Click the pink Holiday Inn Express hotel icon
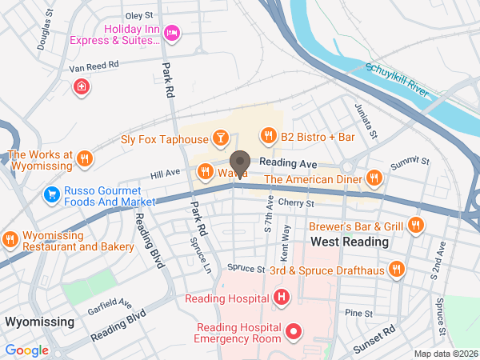tap(170, 32)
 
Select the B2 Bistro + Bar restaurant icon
tap(268, 137)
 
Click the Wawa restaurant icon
tap(206, 171)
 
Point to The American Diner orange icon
tap(372, 178)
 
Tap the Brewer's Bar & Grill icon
tap(414, 226)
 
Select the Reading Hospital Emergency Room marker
tap(294, 330)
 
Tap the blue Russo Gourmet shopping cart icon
tap(52, 194)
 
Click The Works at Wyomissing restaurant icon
tap(84, 158)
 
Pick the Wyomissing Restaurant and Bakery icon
tap(10, 238)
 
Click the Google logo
tap(27, 350)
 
